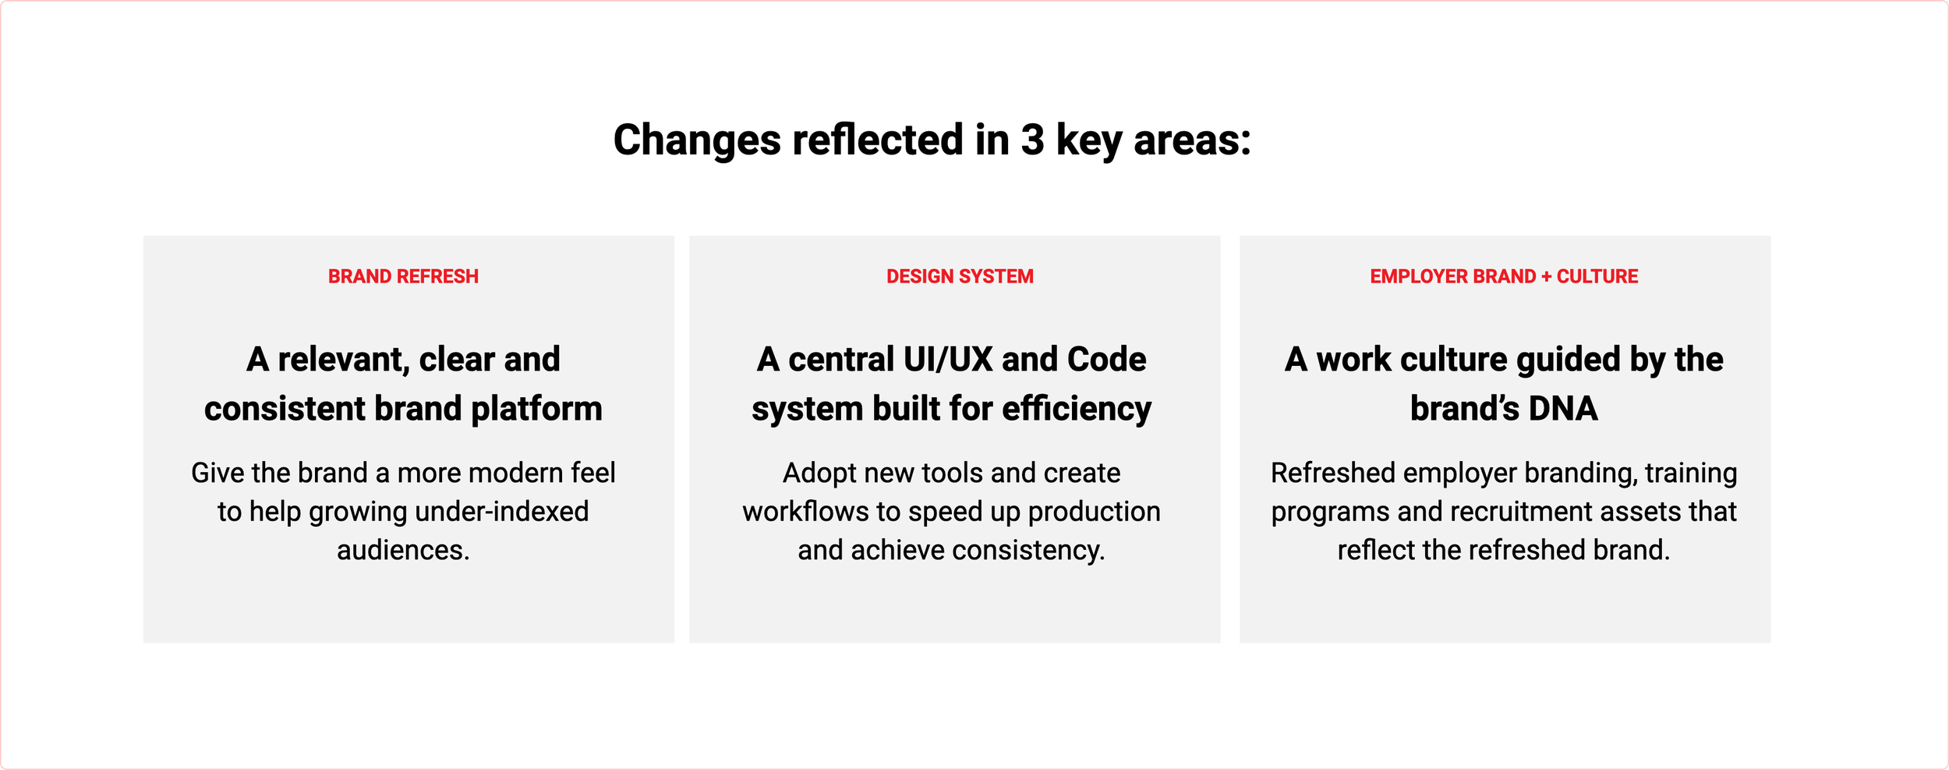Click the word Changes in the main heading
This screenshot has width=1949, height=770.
[x=697, y=141]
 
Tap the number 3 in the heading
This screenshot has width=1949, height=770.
[x=1032, y=140]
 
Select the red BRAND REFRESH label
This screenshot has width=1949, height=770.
[x=403, y=276]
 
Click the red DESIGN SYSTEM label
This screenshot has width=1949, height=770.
[x=960, y=276]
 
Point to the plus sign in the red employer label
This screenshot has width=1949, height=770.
[x=1546, y=276]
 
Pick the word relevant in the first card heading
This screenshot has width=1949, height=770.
[x=343, y=360]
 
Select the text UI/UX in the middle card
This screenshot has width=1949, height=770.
[x=948, y=360]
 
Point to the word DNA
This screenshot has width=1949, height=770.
[x=1562, y=409]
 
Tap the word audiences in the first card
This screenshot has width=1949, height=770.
[x=403, y=551]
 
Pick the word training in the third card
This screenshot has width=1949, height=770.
[x=1691, y=474]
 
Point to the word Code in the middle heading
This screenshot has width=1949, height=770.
[x=1106, y=360]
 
